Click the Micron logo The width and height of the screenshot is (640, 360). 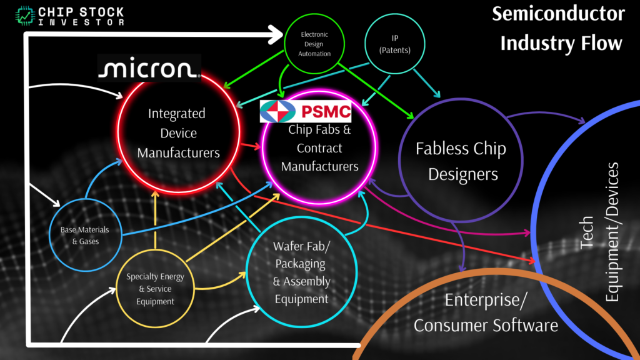[x=149, y=68]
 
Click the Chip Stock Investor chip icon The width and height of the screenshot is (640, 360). [x=25, y=15]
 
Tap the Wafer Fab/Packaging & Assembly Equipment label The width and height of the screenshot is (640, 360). [x=301, y=272]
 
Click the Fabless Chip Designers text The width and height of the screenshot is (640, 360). [x=461, y=161]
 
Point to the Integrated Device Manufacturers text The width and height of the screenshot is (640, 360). [x=178, y=133]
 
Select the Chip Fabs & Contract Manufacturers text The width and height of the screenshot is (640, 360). [x=319, y=148]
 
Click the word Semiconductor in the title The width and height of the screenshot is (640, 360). [x=558, y=14]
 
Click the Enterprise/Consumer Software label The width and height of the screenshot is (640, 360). [x=486, y=312]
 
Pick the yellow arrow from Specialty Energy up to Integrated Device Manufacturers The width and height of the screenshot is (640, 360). [x=154, y=219]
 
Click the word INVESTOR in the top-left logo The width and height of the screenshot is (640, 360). [x=81, y=22]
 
